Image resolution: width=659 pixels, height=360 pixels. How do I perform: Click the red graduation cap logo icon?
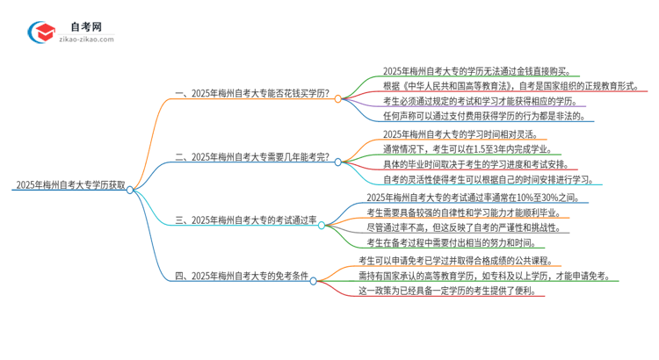tap(41, 32)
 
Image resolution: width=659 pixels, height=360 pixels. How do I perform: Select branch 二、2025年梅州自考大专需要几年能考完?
tap(252, 158)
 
